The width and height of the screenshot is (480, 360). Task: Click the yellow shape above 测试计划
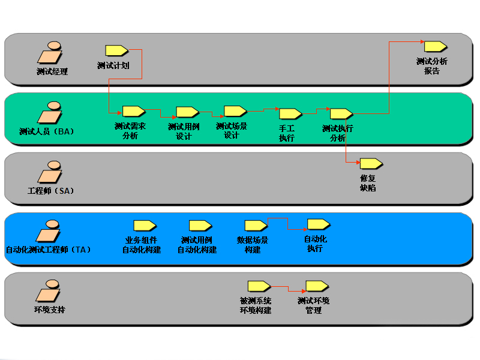coord(116,50)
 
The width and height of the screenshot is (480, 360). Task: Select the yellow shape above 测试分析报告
coord(435,46)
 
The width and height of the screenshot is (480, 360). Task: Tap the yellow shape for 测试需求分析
coord(133,111)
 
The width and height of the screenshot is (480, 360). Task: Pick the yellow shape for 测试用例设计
coord(187,112)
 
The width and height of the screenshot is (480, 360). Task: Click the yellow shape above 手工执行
coord(290,113)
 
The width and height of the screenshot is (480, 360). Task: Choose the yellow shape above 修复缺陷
coord(371,163)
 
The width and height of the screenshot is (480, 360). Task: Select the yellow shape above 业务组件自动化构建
coord(145,226)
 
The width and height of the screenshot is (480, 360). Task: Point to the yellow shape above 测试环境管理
coord(317,286)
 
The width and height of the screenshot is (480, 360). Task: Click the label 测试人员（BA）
coord(46,131)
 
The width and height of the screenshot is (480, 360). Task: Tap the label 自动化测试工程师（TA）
coord(48,250)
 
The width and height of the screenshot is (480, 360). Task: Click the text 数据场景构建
coord(253,245)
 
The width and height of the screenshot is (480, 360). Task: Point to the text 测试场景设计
coord(232,131)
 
